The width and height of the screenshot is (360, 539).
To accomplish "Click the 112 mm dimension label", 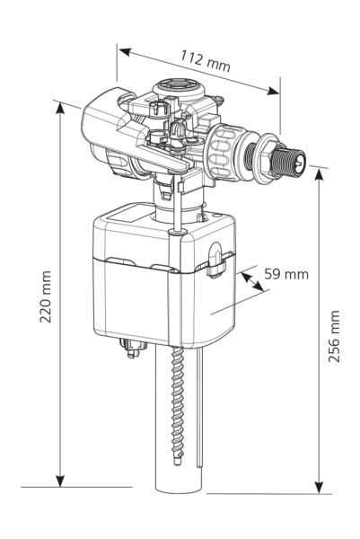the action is pos(206,61).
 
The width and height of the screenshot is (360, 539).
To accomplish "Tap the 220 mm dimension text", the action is pos(46,296).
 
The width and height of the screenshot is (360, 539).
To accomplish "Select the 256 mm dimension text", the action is pos(334,336).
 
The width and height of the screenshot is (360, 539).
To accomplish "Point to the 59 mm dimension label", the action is pos(286,274).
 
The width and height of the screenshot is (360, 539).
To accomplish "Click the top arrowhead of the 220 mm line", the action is pos(60,108).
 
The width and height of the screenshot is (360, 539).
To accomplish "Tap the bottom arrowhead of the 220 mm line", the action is pos(60,482).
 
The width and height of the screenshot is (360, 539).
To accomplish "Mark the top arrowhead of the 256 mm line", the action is pos(319,174).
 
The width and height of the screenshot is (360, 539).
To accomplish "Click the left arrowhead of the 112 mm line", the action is pos(125,52).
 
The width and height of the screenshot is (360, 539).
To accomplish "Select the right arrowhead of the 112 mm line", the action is pos(274,91).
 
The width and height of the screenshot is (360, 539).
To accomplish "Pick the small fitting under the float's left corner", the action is pos(133,348).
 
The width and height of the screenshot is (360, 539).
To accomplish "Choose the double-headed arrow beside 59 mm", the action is pos(252,282).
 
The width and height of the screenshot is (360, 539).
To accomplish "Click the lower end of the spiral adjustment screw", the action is pos(177,461).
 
